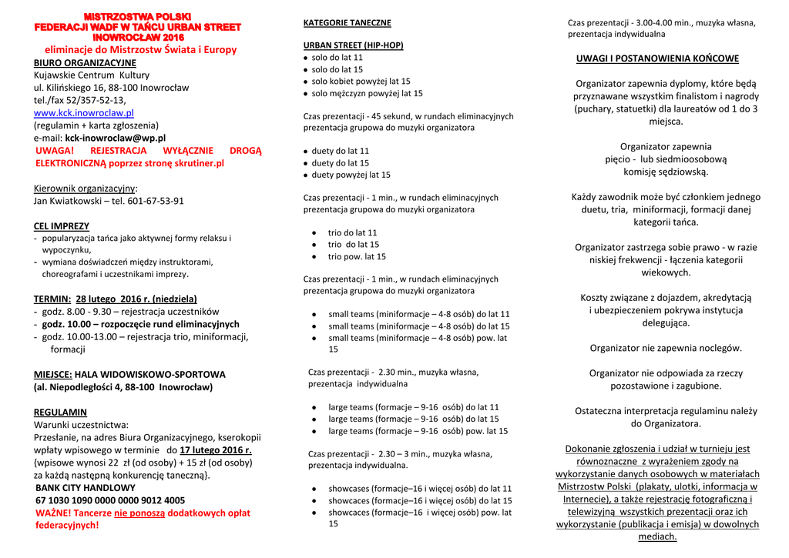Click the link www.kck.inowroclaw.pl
tap(83, 113)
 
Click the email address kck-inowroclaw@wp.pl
tap(115, 138)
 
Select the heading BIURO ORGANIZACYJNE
tap(85, 63)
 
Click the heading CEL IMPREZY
tap(62, 226)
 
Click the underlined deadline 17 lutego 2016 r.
tap(216, 450)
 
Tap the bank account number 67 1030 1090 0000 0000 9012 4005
tap(110, 500)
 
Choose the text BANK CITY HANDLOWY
tap(86, 488)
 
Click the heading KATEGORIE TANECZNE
tap(347, 23)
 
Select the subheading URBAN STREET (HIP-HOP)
tap(353, 45)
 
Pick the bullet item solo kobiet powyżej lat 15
tap(361, 82)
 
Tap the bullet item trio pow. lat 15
tap(357, 257)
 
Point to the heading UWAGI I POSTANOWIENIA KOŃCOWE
tap(657, 58)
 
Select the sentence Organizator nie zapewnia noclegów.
tap(666, 348)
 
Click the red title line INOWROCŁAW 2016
tap(138, 37)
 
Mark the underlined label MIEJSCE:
tap(52, 375)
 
